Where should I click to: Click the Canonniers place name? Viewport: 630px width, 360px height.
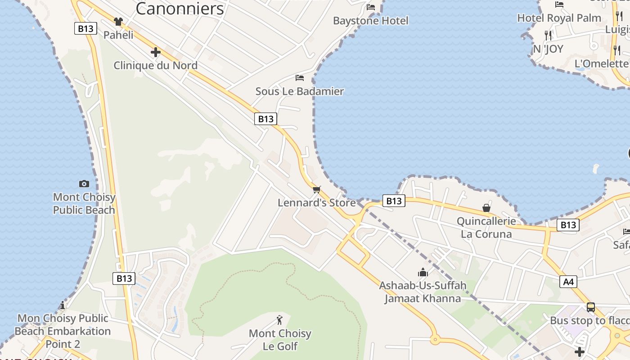coord(180,9)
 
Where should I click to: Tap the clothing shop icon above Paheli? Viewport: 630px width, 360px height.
coord(118,21)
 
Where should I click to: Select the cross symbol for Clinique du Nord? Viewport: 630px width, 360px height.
coord(156,52)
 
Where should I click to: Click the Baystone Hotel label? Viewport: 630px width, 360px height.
coord(370,21)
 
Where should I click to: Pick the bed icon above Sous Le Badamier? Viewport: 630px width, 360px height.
coord(300,78)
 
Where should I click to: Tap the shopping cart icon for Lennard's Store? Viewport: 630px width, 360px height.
coord(317,189)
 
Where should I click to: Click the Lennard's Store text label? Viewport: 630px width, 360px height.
coord(316,203)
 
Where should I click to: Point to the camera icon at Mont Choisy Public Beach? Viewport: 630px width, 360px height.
coord(84,184)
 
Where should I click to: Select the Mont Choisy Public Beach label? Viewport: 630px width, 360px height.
coord(84,203)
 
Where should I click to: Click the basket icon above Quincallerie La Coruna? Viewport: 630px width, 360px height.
coord(486,208)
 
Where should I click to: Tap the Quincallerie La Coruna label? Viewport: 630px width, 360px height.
coord(486,228)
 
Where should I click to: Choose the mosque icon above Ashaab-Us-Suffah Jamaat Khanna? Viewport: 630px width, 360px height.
coord(423,272)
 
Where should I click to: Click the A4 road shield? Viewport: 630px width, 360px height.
coord(569,282)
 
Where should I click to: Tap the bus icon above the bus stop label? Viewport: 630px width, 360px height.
coord(591,307)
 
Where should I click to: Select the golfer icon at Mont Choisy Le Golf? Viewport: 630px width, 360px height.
coord(280,320)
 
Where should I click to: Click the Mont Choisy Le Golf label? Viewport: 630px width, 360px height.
coord(280,340)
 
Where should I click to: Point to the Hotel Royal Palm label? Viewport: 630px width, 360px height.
coord(559,18)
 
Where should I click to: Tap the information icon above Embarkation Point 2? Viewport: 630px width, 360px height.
coord(63,306)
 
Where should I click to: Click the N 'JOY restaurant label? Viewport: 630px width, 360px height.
coord(548,49)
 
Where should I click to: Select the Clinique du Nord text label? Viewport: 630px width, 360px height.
coord(155,66)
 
